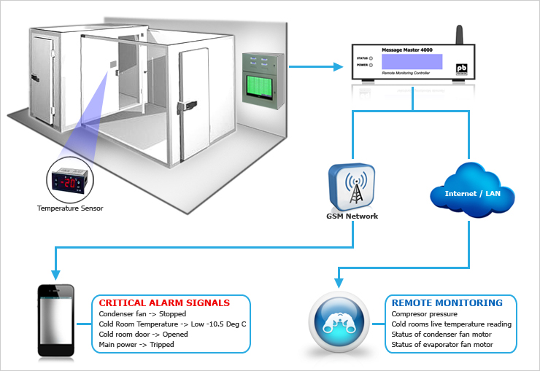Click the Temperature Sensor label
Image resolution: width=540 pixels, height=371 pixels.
tap(70, 208)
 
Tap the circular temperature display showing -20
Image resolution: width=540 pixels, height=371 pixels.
tap(70, 180)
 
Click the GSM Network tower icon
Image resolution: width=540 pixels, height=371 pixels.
tap(352, 187)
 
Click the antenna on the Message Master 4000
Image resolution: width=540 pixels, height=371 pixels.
tap(460, 35)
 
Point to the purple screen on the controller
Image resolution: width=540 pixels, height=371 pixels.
tap(412, 61)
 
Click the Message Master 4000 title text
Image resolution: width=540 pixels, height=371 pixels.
tap(407, 50)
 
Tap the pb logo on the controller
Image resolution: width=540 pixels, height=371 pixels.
tap(461, 69)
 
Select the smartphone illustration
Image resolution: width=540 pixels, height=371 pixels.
tap(55, 320)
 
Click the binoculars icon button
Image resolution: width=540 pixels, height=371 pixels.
tap(339, 322)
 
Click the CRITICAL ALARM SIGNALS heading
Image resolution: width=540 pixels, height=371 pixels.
tap(164, 303)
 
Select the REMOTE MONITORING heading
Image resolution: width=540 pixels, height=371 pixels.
tap(447, 303)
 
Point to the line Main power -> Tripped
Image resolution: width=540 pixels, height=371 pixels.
tap(136, 345)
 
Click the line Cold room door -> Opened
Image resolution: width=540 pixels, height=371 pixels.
tap(143, 335)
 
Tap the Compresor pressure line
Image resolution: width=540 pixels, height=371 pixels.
tap(424, 314)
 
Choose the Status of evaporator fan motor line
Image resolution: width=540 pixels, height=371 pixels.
tap(442, 345)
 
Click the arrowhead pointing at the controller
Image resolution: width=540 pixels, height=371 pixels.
tap(338, 66)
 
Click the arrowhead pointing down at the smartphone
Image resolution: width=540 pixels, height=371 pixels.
tap(55, 275)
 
